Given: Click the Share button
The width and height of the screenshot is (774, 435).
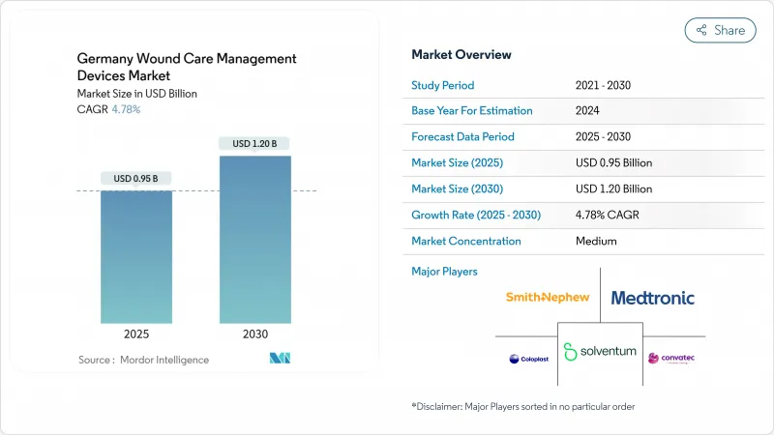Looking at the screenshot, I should [x=720, y=30].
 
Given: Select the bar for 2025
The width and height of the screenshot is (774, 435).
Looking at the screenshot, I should [x=136, y=256].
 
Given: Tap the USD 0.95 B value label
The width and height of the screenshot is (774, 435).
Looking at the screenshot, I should [x=136, y=178].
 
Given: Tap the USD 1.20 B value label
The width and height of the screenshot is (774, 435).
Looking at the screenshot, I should [x=254, y=143].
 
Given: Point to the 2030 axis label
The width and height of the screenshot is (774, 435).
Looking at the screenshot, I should [x=254, y=334].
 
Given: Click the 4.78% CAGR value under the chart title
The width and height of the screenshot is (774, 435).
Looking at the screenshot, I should [x=125, y=109].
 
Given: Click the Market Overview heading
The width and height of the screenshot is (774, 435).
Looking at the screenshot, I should [x=461, y=55].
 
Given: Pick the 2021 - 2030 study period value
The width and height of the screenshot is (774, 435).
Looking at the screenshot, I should [x=603, y=85].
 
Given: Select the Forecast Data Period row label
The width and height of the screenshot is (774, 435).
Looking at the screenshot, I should [x=462, y=137].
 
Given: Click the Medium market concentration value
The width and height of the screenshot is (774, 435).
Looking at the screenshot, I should [x=596, y=242].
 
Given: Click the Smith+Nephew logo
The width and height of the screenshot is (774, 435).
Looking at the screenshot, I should [x=547, y=298].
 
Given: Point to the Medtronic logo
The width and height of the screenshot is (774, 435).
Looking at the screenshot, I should [x=652, y=298].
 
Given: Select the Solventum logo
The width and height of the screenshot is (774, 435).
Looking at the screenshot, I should [x=600, y=350].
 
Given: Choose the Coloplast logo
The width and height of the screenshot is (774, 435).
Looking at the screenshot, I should [x=527, y=359].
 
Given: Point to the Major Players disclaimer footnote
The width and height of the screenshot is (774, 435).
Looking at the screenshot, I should [x=522, y=406].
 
